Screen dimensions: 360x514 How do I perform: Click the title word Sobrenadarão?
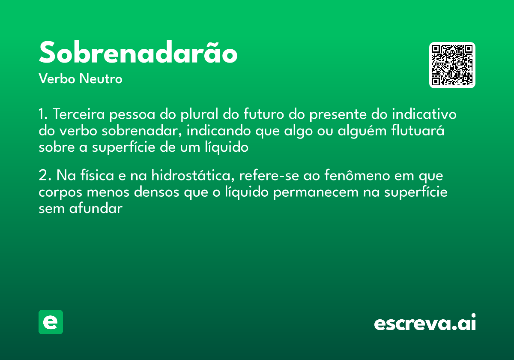[x=138, y=53]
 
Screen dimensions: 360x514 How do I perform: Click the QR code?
[x=452, y=65]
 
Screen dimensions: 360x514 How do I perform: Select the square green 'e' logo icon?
[x=51, y=322]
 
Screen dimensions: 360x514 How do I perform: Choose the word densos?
[x=156, y=192]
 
